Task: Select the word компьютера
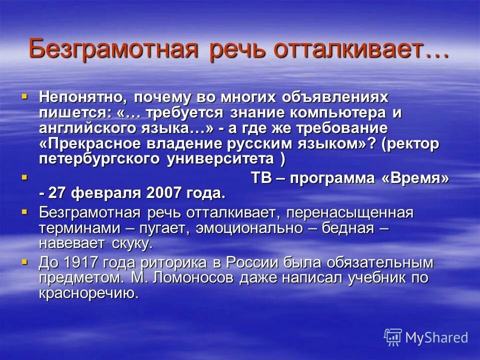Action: pyautogui.click(x=343, y=112)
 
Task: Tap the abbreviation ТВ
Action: pyautogui.click(x=260, y=178)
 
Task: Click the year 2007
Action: pyautogui.click(x=168, y=193)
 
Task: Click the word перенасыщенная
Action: pyautogui.click(x=350, y=213)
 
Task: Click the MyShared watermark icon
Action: pyautogui.click(x=392, y=337)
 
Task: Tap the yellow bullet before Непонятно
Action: pyautogui.click(x=25, y=94)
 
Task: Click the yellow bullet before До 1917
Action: pyautogui.click(x=25, y=261)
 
